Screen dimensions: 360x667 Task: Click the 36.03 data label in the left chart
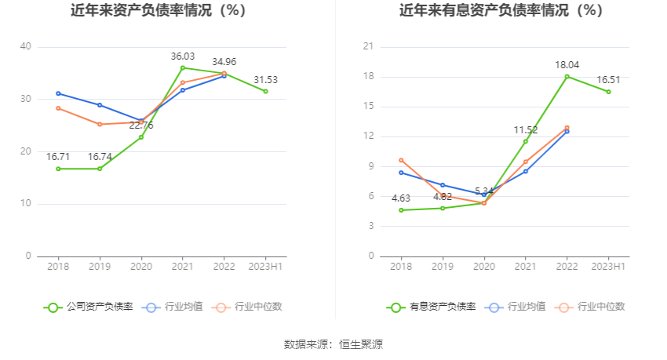[183, 56]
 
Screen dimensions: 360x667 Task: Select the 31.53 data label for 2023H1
[265, 80]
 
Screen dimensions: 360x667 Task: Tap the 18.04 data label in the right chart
[567, 65]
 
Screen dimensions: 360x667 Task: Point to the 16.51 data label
[608, 80]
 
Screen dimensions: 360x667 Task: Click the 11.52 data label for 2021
[525, 130]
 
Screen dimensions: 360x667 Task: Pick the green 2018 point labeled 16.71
[58, 169]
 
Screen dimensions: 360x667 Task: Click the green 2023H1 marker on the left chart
[265, 91]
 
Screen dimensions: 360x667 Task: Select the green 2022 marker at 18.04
[567, 76]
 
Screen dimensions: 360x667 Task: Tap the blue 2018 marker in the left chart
[58, 93]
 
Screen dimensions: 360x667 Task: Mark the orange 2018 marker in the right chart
[401, 160]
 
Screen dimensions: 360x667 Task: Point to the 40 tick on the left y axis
[26, 46]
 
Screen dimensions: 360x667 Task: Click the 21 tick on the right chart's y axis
[368, 46]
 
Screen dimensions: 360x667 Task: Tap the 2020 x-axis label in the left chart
[141, 267]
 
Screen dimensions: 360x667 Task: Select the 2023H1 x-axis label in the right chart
[608, 267]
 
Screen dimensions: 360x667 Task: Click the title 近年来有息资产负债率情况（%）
[501, 11]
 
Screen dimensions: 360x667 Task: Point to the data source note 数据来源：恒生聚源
[333, 344]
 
